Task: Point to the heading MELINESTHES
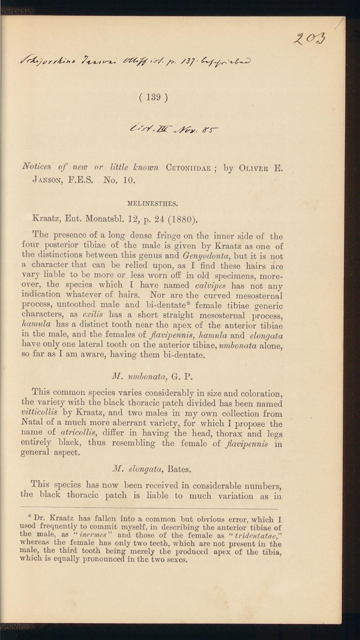(153, 204)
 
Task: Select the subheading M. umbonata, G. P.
(153, 377)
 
